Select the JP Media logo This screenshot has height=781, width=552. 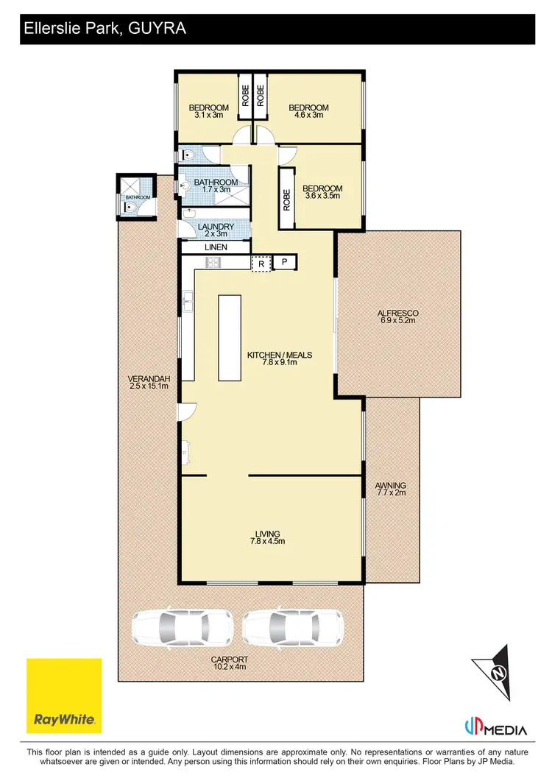(x=497, y=728)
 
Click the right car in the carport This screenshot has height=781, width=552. (x=293, y=627)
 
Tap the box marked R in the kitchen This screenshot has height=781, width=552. (x=261, y=263)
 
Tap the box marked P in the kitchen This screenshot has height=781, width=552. (x=284, y=263)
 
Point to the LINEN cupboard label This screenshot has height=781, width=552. (x=216, y=247)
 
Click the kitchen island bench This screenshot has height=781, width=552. (x=230, y=337)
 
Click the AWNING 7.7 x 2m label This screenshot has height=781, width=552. (x=391, y=490)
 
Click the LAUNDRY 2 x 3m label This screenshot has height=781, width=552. (x=216, y=230)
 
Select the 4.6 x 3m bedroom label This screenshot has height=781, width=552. (x=308, y=112)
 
